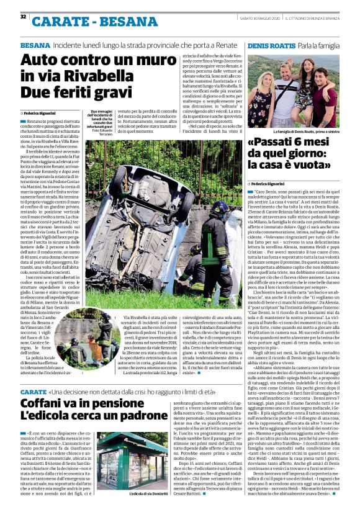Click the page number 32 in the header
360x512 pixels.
tap(23, 16)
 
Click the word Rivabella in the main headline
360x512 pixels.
tap(108, 77)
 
